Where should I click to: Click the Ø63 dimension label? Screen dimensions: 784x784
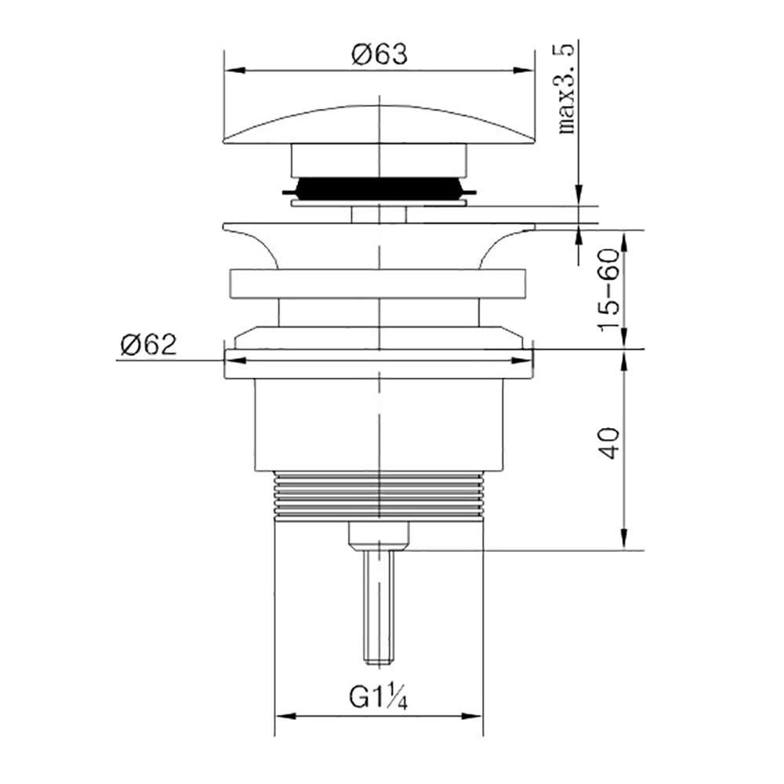[379, 54]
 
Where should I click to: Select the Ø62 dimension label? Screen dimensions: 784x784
[148, 344]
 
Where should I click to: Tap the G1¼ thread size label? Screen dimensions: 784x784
[378, 698]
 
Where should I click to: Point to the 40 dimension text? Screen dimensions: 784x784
[609, 443]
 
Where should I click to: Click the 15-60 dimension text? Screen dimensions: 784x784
[609, 289]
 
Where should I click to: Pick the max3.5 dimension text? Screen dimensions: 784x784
[567, 89]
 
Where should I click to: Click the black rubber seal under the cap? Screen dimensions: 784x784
[379, 188]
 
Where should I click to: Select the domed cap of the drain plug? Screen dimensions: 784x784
[379, 125]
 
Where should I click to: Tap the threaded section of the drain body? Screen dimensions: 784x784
[379, 495]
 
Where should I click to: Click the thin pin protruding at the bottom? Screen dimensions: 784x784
[379, 607]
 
